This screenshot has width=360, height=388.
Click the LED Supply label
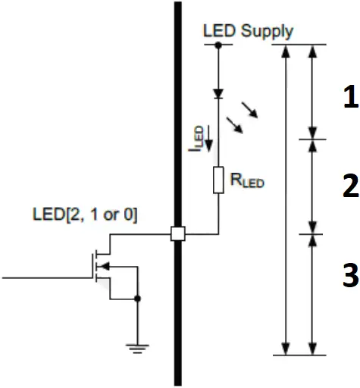(248, 31)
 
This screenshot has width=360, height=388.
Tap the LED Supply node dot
(218, 45)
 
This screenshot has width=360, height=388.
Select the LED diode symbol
(218, 95)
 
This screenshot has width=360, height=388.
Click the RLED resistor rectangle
(218, 180)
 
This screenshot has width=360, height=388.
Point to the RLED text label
(249, 182)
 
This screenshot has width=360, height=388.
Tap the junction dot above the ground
(136, 299)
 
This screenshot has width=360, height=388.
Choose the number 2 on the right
(349, 185)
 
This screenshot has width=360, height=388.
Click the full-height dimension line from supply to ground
(286, 197)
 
